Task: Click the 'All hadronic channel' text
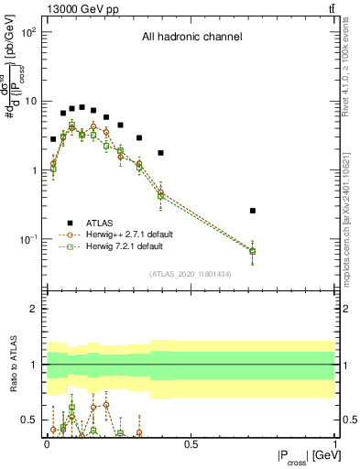point(191,38)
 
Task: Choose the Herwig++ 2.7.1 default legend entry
point(122,234)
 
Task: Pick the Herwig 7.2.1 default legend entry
point(120,246)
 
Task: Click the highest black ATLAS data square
point(82,107)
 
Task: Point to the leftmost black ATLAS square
point(53,139)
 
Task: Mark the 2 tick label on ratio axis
point(34,309)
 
